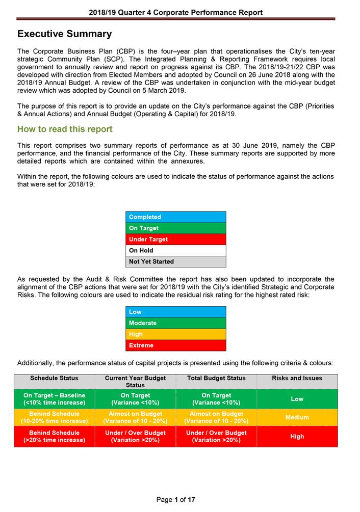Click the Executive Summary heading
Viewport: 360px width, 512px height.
64,34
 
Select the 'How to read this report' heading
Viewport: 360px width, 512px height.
65,129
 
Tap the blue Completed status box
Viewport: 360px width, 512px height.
175,217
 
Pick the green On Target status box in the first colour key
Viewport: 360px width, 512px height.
175,228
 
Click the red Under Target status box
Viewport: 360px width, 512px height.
175,239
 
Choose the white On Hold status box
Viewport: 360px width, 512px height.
175,251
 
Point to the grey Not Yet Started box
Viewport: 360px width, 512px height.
175,262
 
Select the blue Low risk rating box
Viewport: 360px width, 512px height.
175,312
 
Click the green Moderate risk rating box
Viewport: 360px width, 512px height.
175,323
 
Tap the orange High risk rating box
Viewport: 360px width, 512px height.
175,334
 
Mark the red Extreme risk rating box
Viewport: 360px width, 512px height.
175,345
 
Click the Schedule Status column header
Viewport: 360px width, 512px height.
55,379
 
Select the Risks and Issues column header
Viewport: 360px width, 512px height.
297,379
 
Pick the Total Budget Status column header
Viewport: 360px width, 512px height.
216,379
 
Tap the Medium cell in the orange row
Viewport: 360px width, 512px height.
297,418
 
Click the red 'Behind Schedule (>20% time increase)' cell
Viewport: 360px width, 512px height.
55,437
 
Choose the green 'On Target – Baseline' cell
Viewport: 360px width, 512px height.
55,399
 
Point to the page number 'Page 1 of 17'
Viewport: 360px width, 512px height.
175,500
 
